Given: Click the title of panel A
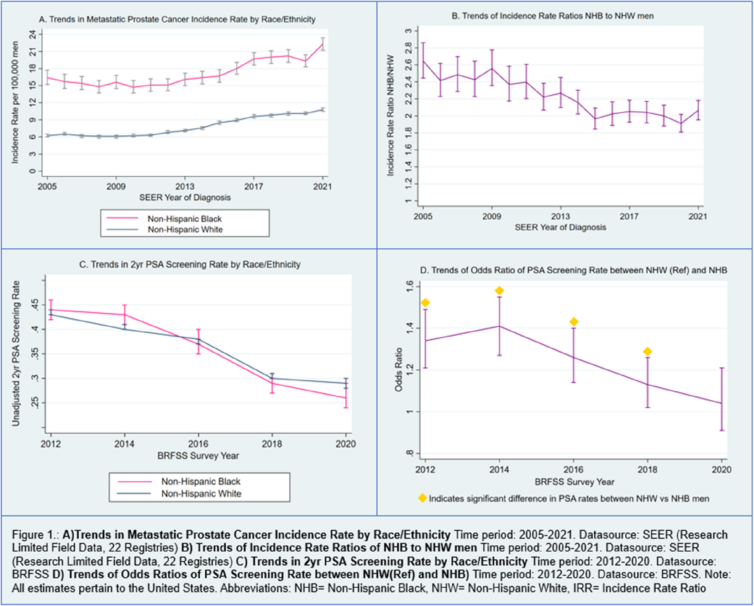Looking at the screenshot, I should point(177,19).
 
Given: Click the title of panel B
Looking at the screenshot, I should point(552,16).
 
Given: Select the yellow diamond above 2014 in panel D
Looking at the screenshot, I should point(499,291).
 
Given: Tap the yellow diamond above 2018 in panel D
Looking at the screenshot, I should point(647,351).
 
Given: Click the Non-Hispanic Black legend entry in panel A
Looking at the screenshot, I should point(184,219).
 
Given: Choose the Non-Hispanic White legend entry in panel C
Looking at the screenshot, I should point(201,493).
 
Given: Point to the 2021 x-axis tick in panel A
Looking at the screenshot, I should point(323,187).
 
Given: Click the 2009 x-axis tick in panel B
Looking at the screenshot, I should point(492,216).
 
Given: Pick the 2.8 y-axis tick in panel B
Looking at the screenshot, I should point(408,48).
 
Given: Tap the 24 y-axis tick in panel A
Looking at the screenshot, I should point(33,35).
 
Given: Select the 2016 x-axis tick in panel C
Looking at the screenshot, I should point(198,444).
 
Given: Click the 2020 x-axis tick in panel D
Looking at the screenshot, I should point(721,469).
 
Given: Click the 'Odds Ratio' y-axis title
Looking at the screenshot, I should point(399,369).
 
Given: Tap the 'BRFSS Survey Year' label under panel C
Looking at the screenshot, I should point(198,455).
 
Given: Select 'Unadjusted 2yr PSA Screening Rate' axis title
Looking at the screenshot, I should point(16,353).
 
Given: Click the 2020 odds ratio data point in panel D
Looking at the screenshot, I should point(721,403).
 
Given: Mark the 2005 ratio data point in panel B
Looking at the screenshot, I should point(423,61).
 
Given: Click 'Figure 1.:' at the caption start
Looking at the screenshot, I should point(35,535).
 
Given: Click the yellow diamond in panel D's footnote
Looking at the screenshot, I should point(423,498).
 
